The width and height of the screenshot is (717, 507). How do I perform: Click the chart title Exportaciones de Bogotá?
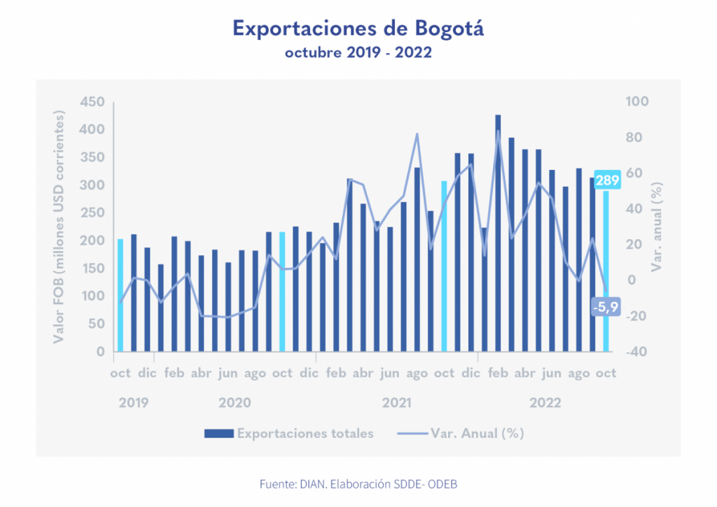(358, 29)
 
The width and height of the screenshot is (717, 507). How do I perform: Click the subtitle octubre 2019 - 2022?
(358, 53)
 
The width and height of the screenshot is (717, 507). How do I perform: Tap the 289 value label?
(607, 180)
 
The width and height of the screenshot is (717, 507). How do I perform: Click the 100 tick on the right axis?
(638, 102)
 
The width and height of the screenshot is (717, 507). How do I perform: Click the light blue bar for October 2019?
(120, 295)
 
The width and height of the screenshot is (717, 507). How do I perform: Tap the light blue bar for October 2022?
(606, 273)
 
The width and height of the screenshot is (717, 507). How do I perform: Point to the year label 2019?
(133, 403)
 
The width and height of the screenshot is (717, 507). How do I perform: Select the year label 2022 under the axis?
(545, 403)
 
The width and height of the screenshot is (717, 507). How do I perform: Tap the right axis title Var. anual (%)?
(657, 227)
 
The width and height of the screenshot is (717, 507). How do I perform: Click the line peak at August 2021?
(417, 134)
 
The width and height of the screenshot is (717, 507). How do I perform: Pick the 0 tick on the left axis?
(100, 352)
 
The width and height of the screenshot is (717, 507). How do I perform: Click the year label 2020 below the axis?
(235, 403)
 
